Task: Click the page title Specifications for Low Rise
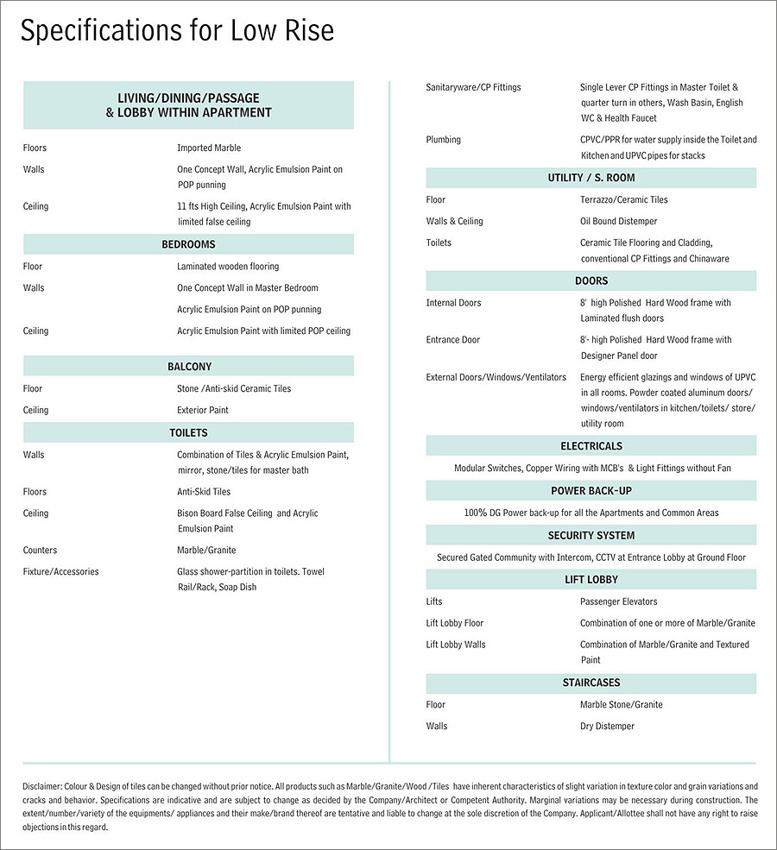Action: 177,31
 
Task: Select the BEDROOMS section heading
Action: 188,244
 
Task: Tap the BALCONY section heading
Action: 189,367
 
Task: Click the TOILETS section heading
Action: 188,432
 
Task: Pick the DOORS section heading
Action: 591,280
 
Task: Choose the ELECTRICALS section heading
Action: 591,446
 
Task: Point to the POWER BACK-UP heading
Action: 591,490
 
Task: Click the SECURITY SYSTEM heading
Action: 591,535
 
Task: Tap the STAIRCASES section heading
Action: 591,683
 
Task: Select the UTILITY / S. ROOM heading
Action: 591,178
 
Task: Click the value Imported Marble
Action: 209,148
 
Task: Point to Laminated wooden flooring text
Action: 228,267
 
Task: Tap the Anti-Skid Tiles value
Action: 204,492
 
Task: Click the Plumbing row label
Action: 443,140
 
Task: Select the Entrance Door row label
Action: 452,340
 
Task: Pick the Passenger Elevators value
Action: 618,601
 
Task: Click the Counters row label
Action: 41,550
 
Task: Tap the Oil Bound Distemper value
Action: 618,222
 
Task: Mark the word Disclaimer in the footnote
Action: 42,786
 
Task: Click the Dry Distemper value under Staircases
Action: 607,727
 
